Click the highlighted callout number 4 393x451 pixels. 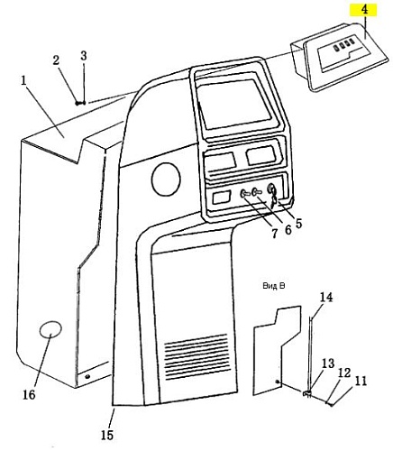tap(364, 10)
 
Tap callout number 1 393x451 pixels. tap(23, 80)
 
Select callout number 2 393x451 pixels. tap(56, 60)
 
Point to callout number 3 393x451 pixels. tap(84, 56)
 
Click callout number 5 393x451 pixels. tap(298, 223)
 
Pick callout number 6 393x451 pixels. tap(288, 230)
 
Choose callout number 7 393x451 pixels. tap(274, 234)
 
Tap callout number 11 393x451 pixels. tap(361, 382)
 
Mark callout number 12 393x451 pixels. tap(344, 373)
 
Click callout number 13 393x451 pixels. tap(328, 364)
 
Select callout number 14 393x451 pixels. tap(326, 298)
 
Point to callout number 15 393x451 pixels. tap(107, 435)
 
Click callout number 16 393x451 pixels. tap(29, 394)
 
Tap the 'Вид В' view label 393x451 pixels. tap(273, 286)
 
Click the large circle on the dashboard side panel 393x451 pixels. tap(166, 179)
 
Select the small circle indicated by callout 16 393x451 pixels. tap(50, 329)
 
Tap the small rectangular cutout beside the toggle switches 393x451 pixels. tap(222, 198)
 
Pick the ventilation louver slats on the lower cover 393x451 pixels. tap(196, 356)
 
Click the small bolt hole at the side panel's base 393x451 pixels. tap(87, 376)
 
